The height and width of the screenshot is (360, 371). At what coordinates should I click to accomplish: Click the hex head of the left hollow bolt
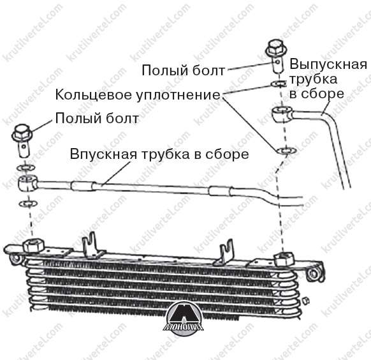point(22,133)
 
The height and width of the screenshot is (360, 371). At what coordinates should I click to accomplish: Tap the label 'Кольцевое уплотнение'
point(138,94)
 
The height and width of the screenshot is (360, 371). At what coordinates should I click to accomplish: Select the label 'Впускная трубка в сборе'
point(159,154)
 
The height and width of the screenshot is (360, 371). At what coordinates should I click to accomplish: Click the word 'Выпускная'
point(328,64)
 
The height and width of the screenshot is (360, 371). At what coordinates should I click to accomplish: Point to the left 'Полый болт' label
point(97,118)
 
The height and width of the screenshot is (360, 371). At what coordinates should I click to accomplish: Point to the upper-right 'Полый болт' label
point(183,70)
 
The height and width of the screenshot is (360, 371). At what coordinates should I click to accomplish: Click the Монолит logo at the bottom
point(184,317)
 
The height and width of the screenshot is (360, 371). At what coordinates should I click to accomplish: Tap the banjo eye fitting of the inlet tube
point(27,183)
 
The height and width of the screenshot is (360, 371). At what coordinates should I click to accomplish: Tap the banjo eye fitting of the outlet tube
point(282,114)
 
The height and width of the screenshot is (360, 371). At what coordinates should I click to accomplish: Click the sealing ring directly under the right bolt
point(279,84)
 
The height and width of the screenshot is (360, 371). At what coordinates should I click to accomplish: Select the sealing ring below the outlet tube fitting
point(286,151)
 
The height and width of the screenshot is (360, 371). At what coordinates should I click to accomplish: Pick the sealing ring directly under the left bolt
point(26,167)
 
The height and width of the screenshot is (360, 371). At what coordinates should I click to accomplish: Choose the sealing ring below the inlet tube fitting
point(28,203)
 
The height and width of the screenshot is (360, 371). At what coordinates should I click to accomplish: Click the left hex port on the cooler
point(33,245)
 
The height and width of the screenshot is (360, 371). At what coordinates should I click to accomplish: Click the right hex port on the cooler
point(284,259)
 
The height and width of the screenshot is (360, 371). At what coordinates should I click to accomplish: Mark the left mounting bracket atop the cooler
point(92,246)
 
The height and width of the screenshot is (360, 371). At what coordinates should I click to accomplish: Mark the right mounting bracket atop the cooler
point(224,253)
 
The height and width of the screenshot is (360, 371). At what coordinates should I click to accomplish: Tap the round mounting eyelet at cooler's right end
point(314,273)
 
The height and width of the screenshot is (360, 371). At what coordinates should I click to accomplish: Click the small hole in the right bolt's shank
point(278,63)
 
